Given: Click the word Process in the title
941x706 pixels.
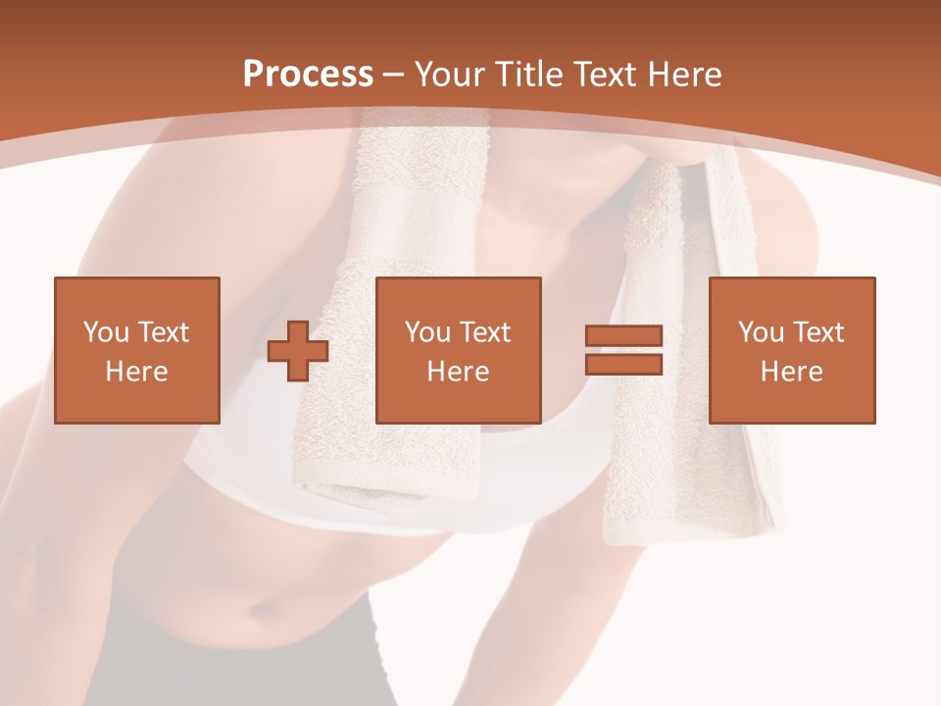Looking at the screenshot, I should tap(308, 75).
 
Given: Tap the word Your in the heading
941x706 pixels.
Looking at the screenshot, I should tap(450, 75).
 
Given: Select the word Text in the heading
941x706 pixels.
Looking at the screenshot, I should tap(602, 75).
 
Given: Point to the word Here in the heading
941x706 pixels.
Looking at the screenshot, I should tap(685, 75).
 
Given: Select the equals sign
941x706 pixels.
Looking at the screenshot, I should tap(623, 350).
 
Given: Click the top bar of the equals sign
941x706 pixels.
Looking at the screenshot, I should tap(623, 336).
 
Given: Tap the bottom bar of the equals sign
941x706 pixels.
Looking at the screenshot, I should tap(623, 364).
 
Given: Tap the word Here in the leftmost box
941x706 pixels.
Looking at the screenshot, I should tap(136, 372).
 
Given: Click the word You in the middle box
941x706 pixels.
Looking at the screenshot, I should tap(427, 332).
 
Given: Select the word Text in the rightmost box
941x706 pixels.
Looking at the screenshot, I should tap(819, 332).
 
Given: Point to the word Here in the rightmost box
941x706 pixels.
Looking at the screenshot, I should tap(791, 372).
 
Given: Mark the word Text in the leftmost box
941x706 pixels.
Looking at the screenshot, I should tap(165, 332).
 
